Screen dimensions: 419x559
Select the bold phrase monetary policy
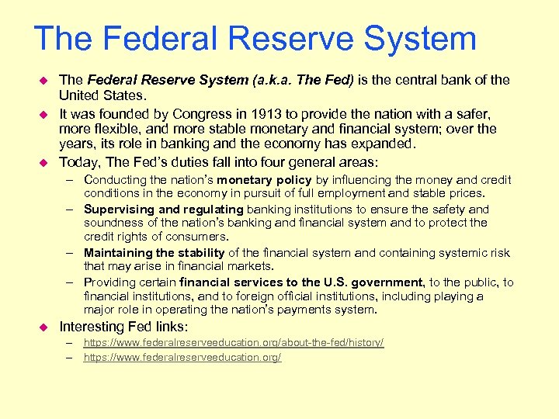[264, 180]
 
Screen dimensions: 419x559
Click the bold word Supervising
[119, 209]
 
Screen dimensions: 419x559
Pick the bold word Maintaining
[119, 253]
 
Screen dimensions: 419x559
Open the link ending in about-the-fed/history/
[234, 342]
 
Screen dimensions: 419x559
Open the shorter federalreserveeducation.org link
[182, 357]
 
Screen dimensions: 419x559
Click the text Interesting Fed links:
[123, 326]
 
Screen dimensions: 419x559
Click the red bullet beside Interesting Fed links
[43, 326]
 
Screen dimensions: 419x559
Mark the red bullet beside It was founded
[43, 113]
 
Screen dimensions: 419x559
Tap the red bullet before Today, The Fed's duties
[43, 161]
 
